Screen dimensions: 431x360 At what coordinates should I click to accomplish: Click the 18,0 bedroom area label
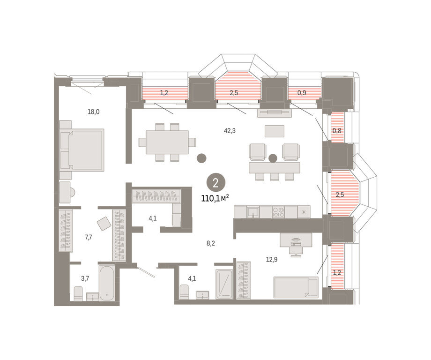click(93, 112)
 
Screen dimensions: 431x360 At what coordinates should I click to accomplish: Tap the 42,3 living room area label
click(230, 131)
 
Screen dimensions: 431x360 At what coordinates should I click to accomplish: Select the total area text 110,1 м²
click(215, 198)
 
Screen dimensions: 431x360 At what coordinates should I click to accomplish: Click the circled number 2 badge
click(216, 182)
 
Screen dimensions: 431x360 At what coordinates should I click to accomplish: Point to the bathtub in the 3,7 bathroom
click(107, 283)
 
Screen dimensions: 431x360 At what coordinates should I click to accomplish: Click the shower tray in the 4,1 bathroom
click(224, 284)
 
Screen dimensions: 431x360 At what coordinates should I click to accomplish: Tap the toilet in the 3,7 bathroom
click(78, 293)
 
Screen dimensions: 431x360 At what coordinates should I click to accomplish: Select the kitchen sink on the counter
click(253, 212)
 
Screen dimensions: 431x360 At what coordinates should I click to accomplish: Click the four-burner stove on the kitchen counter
click(278, 212)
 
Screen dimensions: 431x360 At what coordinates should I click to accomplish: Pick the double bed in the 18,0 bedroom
click(82, 150)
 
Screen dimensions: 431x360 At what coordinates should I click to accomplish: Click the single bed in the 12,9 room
click(296, 287)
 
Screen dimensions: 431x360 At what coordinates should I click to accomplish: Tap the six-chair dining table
click(167, 142)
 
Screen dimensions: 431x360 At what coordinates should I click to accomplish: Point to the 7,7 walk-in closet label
click(88, 237)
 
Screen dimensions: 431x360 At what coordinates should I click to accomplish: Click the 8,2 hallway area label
click(211, 243)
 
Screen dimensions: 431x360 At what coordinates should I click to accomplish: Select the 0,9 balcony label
click(302, 93)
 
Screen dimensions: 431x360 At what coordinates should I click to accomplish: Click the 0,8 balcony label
click(337, 131)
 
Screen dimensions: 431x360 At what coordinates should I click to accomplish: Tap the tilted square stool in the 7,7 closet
click(104, 224)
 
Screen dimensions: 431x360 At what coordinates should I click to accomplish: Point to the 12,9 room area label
click(272, 259)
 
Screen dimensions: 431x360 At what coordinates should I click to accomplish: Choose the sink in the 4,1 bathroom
click(202, 295)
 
